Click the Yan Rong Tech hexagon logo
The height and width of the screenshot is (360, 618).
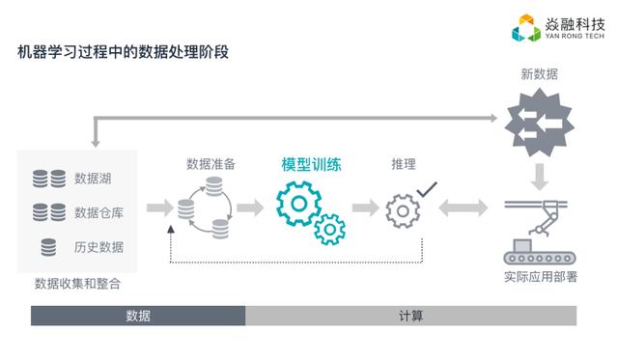pyautogui.click(x=525, y=28)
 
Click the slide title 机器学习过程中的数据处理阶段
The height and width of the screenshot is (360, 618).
pyautogui.click(x=123, y=52)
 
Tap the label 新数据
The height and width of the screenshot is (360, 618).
pyautogui.click(x=539, y=74)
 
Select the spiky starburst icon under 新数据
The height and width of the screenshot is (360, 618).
pyautogui.click(x=540, y=123)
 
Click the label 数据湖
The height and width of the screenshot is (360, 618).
pyautogui.click(x=93, y=179)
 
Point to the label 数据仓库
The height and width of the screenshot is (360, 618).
pyautogui.click(x=98, y=212)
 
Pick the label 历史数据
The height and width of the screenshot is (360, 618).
pyautogui.click(x=98, y=247)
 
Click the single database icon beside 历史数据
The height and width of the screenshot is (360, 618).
pyautogui.click(x=48, y=247)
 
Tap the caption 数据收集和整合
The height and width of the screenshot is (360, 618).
pyautogui.click(x=77, y=284)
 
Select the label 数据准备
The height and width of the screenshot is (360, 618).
pyautogui.click(x=211, y=164)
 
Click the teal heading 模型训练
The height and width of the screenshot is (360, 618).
pyautogui.click(x=311, y=165)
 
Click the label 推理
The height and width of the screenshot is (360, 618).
pyautogui.click(x=404, y=164)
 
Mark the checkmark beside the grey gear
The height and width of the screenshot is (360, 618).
pyautogui.click(x=427, y=189)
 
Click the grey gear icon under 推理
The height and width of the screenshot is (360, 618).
pyautogui.click(x=403, y=211)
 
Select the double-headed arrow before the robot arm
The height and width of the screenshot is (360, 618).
pyautogui.click(x=463, y=208)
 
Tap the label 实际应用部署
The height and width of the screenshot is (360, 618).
pyautogui.click(x=541, y=277)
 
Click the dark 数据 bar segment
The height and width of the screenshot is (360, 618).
pyautogui.click(x=138, y=316)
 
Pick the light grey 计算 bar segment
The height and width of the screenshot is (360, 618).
pyautogui.click(x=410, y=316)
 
